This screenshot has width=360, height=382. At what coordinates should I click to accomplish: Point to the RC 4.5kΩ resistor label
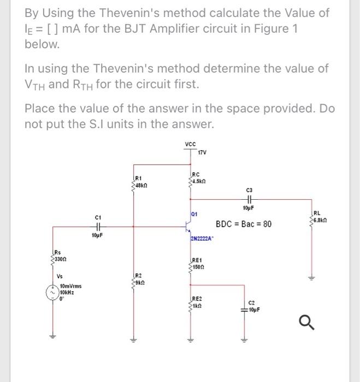click(x=198, y=178)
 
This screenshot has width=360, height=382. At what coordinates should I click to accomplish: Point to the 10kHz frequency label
click(x=68, y=292)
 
